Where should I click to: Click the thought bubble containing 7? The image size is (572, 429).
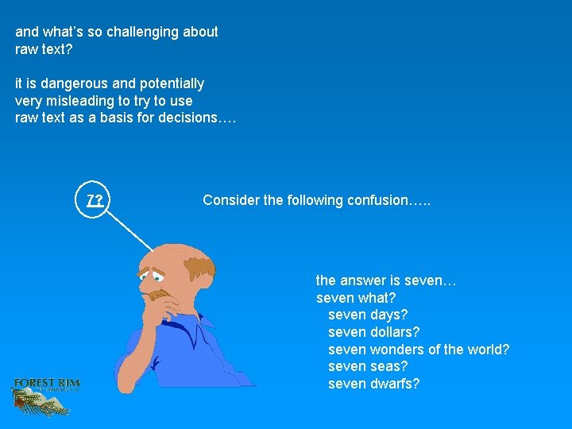click(95, 200)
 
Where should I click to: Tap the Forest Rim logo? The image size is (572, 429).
click(46, 394)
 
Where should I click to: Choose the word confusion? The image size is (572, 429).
click(377, 200)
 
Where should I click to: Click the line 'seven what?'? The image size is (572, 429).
click(356, 298)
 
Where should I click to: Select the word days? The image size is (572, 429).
click(388, 315)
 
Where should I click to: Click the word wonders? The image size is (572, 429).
click(398, 350)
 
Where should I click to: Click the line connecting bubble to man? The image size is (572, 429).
click(131, 230)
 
